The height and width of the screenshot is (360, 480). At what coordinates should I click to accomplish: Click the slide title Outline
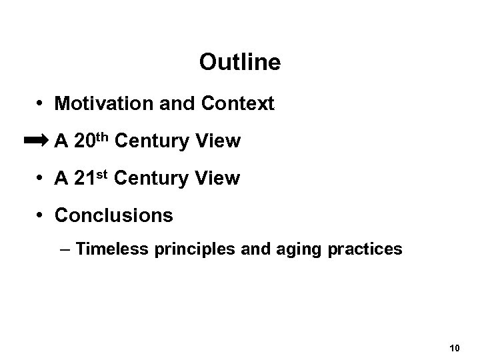(239, 63)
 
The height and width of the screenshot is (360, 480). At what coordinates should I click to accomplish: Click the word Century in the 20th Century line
(155, 141)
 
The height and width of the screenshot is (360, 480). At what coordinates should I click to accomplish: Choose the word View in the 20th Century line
(220, 141)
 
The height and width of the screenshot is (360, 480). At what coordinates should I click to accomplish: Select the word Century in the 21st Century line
(153, 179)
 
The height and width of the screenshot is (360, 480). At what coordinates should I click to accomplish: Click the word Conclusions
(114, 216)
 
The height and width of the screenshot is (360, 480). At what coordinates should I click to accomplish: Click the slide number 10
(455, 348)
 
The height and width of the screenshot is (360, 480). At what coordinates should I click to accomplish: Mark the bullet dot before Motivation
(41, 105)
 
